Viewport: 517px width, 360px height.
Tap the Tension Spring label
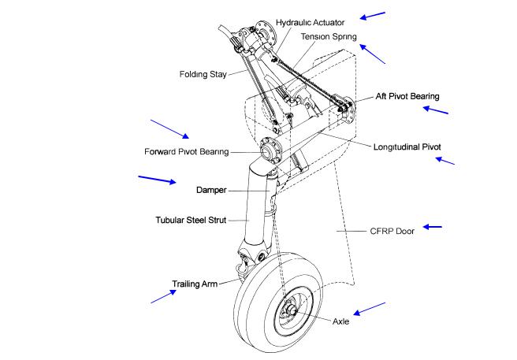click(324, 36)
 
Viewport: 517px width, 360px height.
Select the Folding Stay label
click(203, 76)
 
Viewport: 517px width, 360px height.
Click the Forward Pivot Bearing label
click(187, 151)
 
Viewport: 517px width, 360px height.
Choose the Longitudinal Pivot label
click(407, 147)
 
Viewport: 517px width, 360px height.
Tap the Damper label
click(212, 191)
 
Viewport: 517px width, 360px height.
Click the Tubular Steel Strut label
click(192, 220)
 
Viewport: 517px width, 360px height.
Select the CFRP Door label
click(392, 232)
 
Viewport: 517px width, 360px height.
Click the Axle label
click(340, 321)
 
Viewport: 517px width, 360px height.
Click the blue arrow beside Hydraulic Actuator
click(373, 15)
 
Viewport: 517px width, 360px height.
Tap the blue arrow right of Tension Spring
click(373, 54)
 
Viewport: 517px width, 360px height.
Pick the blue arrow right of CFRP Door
click(432, 227)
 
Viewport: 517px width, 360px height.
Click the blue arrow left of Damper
click(157, 180)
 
